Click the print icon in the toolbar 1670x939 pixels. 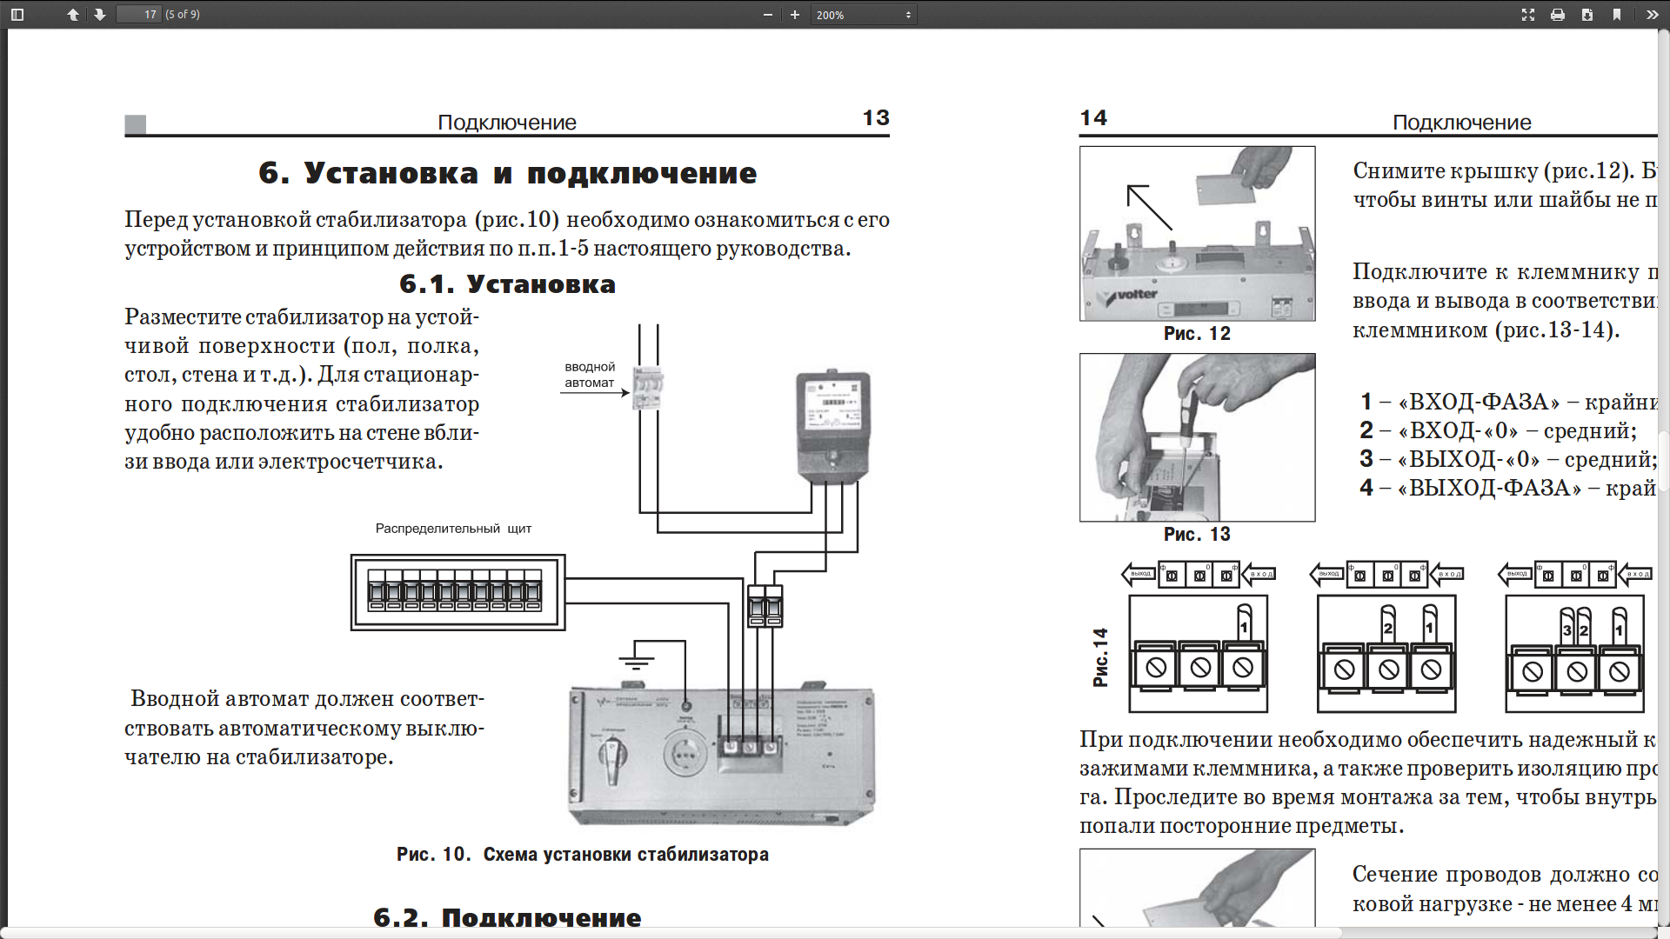(1558, 15)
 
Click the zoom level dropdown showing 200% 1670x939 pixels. (864, 15)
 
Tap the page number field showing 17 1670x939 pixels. (139, 15)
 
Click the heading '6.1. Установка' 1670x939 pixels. (507, 284)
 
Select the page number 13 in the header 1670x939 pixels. (875, 118)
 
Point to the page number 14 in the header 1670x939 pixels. (1093, 118)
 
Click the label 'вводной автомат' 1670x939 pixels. (589, 375)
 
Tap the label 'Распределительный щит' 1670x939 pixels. (453, 529)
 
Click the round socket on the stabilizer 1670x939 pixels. (685, 754)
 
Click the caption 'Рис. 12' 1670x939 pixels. (1197, 334)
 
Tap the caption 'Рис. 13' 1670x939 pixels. (1197, 535)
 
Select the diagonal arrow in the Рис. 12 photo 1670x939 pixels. (1149, 207)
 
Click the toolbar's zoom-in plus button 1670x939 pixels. (794, 15)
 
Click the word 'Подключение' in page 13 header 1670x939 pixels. (506, 123)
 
